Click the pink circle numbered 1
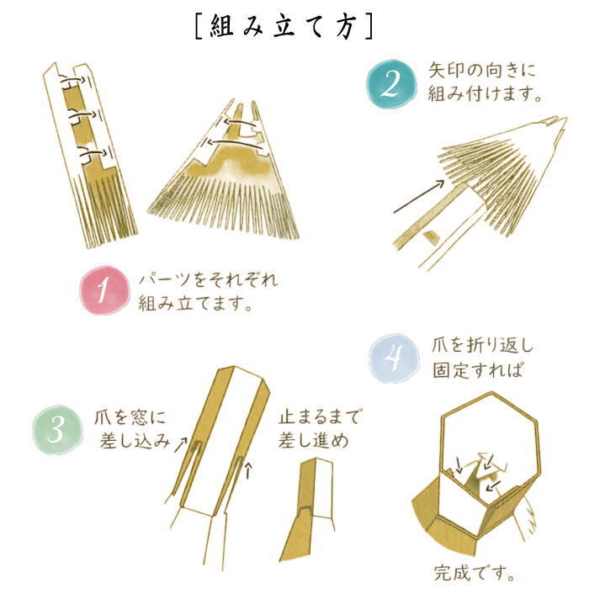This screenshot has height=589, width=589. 104,290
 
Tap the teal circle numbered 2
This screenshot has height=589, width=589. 392,84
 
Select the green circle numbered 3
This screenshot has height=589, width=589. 57,430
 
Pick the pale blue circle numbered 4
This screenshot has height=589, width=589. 394,358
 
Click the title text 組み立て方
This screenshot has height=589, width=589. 284,27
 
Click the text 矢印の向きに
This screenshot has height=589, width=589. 482,70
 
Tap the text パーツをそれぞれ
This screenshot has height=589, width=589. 209,280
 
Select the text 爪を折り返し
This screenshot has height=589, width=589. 482,345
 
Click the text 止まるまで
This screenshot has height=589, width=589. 319,417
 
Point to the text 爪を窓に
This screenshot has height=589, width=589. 130,417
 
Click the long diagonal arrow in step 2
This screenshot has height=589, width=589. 419,196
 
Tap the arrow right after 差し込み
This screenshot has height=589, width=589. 181,444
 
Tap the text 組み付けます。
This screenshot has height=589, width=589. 486,93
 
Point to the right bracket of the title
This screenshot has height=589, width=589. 369,27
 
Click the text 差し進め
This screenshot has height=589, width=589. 314,441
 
